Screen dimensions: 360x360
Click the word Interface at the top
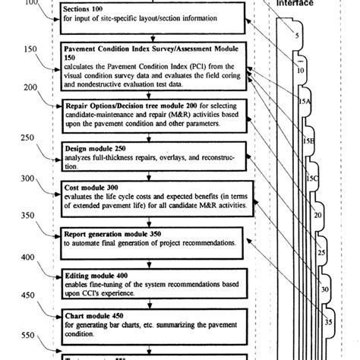pos(296,3)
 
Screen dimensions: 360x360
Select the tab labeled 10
pos(301,70)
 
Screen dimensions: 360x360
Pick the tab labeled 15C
pos(311,178)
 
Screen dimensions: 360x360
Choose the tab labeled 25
pos(321,252)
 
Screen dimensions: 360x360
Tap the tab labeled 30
pos(325,289)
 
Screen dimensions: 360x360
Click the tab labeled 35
pos(329,321)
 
